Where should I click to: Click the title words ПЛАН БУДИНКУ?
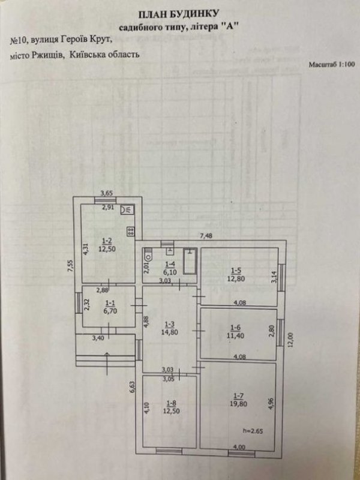click(178, 14)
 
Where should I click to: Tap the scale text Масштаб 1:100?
click(332, 65)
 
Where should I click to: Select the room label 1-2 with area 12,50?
click(107, 246)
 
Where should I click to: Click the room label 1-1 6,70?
click(111, 307)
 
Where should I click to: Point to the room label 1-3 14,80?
click(170, 328)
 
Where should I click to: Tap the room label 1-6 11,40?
click(235, 332)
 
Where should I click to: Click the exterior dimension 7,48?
click(206, 236)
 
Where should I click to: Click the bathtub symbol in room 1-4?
click(190, 261)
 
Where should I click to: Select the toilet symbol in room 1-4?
click(148, 254)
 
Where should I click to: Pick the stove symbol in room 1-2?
click(130, 232)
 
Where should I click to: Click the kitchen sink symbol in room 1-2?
click(127, 209)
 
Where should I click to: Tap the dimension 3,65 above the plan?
click(107, 193)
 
